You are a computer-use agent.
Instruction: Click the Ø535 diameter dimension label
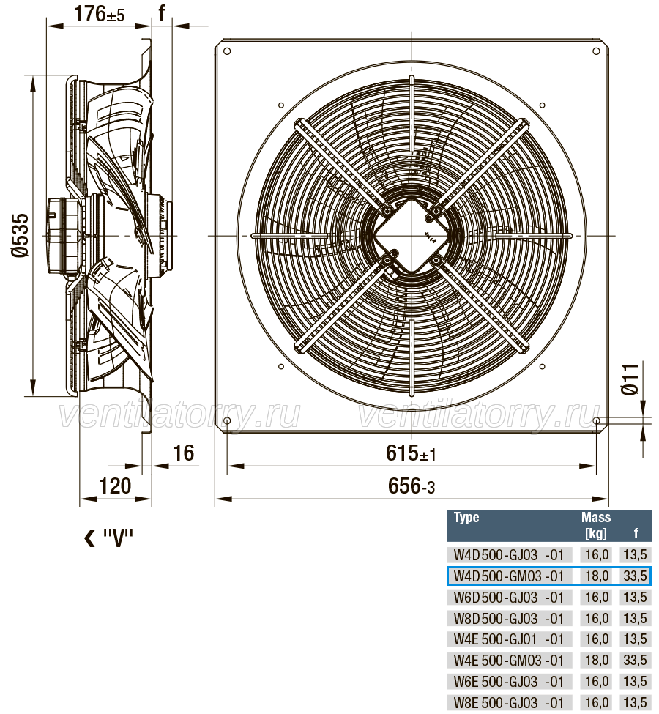[21, 235]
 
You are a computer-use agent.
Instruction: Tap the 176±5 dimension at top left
[99, 14]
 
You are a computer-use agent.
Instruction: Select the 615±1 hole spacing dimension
[411, 453]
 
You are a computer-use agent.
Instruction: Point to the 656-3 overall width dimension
[412, 486]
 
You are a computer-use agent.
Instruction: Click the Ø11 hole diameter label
[630, 379]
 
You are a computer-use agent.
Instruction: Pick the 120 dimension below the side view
[115, 486]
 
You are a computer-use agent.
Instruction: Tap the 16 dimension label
[184, 453]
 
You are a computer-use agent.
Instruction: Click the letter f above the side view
[162, 13]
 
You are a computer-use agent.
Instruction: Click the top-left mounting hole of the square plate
[227, 51]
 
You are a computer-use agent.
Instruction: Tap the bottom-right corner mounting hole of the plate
[597, 420]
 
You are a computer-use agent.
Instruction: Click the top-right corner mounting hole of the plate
[597, 51]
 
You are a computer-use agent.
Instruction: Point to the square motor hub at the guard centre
[412, 235]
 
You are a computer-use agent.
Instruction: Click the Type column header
[466, 517]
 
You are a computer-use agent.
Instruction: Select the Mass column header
[596, 517]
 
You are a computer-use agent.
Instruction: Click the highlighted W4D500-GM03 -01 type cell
[509, 576]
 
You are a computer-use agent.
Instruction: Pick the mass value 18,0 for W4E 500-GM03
[597, 661]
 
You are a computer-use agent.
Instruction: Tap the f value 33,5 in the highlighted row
[635, 576]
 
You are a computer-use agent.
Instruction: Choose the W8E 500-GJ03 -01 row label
[509, 702]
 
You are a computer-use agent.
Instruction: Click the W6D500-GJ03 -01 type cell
[509, 597]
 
